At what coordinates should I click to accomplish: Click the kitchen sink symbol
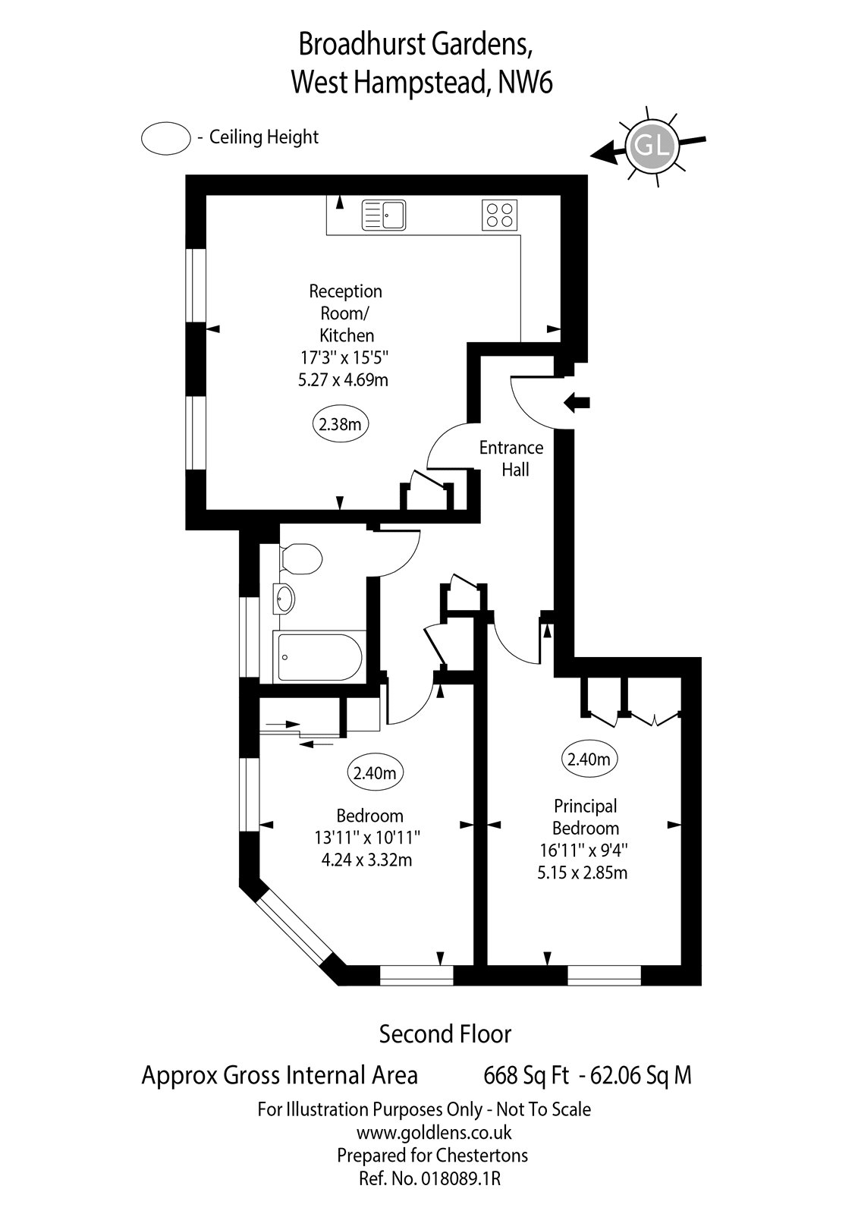(384, 214)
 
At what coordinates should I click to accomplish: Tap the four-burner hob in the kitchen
(500, 215)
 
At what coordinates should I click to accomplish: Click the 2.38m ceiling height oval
(340, 424)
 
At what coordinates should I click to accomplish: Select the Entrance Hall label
(511, 458)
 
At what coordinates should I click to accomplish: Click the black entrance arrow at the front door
(578, 403)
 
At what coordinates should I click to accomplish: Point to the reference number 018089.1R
(464, 1178)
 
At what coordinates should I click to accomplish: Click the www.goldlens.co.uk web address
(434, 1133)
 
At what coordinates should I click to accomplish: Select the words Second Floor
(445, 1033)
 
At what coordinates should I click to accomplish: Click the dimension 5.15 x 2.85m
(583, 873)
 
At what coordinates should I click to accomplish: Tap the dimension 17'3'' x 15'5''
(344, 357)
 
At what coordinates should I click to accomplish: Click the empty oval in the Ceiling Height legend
(165, 138)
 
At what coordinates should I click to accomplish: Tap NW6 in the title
(525, 83)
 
